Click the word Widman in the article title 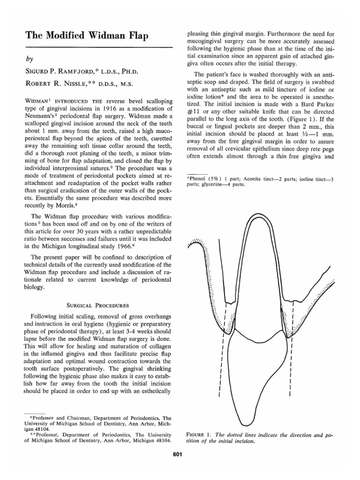(93, 33)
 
